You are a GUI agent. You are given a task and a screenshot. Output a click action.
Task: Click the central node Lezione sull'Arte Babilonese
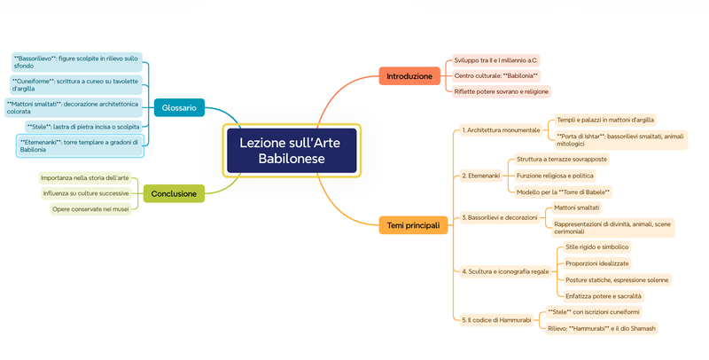click(x=292, y=150)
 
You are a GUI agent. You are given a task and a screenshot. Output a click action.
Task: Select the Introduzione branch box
click(x=409, y=76)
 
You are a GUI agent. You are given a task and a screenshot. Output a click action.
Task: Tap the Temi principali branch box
click(x=413, y=225)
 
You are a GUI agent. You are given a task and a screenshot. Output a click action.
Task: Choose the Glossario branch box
click(x=179, y=107)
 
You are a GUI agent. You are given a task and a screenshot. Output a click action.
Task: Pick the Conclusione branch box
click(x=174, y=192)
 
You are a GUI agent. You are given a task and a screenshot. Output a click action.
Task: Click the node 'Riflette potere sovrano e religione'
click(x=501, y=91)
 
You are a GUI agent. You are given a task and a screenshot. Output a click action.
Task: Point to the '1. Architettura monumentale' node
click(x=501, y=130)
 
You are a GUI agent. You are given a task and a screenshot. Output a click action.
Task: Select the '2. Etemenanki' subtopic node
click(x=482, y=176)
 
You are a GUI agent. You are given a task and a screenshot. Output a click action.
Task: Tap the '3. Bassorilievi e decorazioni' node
click(x=500, y=217)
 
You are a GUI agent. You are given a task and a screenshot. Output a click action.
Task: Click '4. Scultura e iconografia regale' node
click(x=505, y=270)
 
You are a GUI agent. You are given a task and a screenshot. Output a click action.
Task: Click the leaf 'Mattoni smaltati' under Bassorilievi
click(x=577, y=207)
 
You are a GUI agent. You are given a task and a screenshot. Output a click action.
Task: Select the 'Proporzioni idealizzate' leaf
click(x=597, y=263)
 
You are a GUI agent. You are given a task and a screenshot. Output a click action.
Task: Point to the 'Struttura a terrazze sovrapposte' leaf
click(x=562, y=160)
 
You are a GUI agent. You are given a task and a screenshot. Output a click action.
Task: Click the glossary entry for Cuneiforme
click(x=76, y=84)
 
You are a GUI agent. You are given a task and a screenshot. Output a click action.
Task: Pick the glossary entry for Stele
click(x=83, y=127)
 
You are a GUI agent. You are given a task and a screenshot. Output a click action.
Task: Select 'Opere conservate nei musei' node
click(x=90, y=209)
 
